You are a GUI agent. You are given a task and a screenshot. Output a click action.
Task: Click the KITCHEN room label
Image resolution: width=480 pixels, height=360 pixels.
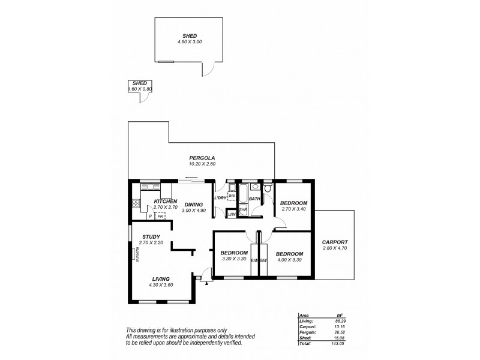coord(165,201)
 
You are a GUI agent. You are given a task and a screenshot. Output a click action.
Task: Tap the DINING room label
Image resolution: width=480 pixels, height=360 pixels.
coord(194,205)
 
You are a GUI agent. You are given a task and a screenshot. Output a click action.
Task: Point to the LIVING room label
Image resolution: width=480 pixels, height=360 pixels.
coord(160,279)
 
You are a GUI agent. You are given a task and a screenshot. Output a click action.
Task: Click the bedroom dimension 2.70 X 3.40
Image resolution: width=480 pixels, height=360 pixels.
coord(294,209)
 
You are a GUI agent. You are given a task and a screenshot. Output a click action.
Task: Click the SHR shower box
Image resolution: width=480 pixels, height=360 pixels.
coord(243,209)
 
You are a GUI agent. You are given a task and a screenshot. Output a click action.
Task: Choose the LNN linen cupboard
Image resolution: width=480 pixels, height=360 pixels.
coord(231,215)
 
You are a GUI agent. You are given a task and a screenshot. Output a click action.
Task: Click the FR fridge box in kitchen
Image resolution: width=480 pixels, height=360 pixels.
coord(160,215)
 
